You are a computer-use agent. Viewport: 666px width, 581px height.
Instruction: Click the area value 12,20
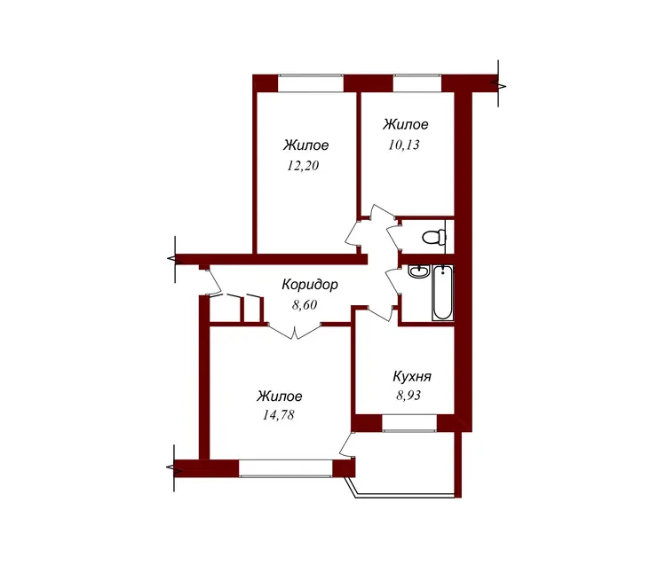303,166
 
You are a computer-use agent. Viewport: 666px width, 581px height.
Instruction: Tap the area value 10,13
403,145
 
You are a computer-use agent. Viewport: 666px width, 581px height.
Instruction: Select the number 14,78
278,415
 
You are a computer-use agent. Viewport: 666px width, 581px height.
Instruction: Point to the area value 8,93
408,396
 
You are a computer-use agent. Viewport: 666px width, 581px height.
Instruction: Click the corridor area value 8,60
305,305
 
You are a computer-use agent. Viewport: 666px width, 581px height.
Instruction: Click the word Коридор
310,285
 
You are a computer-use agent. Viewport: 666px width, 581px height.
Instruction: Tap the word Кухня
412,376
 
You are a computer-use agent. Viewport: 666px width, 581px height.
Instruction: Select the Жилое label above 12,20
305,145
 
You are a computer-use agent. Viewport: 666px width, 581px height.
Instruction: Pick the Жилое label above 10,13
406,124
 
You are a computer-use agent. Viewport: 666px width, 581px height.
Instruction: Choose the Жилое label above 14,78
280,396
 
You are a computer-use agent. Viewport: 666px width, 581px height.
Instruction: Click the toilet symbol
434,237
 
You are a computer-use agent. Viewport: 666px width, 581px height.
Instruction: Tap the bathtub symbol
442,293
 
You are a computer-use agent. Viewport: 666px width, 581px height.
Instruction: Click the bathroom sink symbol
419,271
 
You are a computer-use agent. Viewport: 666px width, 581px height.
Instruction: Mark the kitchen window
409,423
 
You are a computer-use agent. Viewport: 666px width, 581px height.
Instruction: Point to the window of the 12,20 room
311,83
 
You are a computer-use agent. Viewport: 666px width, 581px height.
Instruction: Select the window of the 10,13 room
417,83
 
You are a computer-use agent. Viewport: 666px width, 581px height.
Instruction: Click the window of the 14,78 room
286,468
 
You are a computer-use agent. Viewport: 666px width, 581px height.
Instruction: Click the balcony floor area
406,463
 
